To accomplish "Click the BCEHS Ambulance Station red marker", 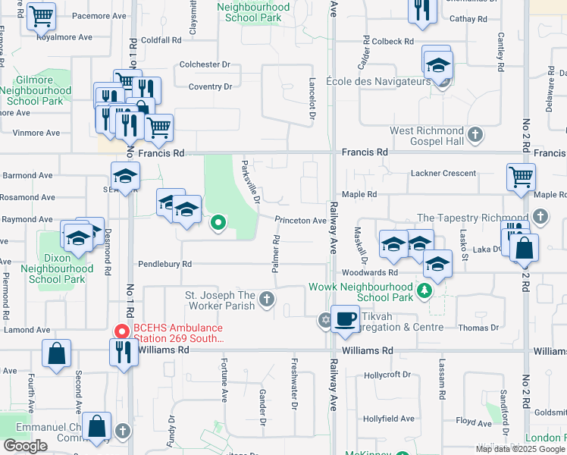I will [121, 331].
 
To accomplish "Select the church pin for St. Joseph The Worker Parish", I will [267, 300].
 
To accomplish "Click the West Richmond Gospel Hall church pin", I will [475, 136].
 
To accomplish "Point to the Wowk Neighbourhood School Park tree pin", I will [425, 289].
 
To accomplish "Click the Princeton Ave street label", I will [300, 221].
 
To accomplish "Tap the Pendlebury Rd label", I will [164, 264].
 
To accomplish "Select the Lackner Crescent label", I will [443, 174].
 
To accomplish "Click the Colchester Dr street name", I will [204, 64].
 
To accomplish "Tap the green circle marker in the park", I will [218, 223].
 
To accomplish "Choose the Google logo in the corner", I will [25, 446].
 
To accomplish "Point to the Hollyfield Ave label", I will [388, 419].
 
